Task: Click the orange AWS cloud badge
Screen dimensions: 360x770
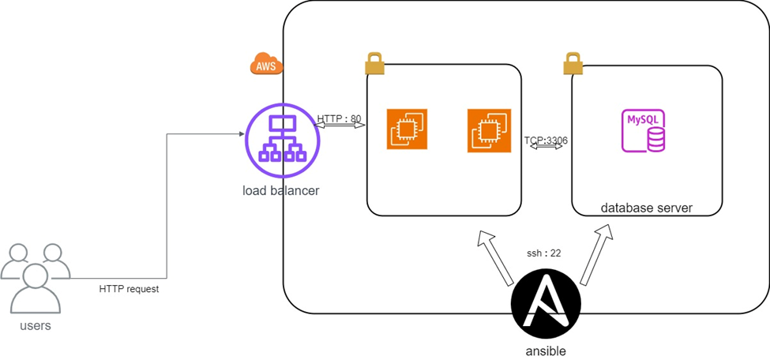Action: [266, 66]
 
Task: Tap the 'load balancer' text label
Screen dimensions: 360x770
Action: [280, 190]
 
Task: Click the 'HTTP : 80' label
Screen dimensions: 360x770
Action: [339, 119]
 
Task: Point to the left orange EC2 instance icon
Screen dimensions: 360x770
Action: [407, 129]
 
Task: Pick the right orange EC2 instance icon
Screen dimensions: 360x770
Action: [487, 129]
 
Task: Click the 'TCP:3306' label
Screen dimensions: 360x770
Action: [546, 141]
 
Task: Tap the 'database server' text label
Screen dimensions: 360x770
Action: [646, 208]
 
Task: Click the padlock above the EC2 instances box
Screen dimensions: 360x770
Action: [374, 63]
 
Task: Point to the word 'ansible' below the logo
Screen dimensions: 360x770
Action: [546, 351]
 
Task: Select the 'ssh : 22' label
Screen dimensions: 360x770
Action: [544, 253]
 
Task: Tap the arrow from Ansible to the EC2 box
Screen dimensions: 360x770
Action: [495, 257]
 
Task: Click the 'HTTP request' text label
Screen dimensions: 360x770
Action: [129, 289]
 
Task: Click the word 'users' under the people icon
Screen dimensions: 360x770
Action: [34, 324]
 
